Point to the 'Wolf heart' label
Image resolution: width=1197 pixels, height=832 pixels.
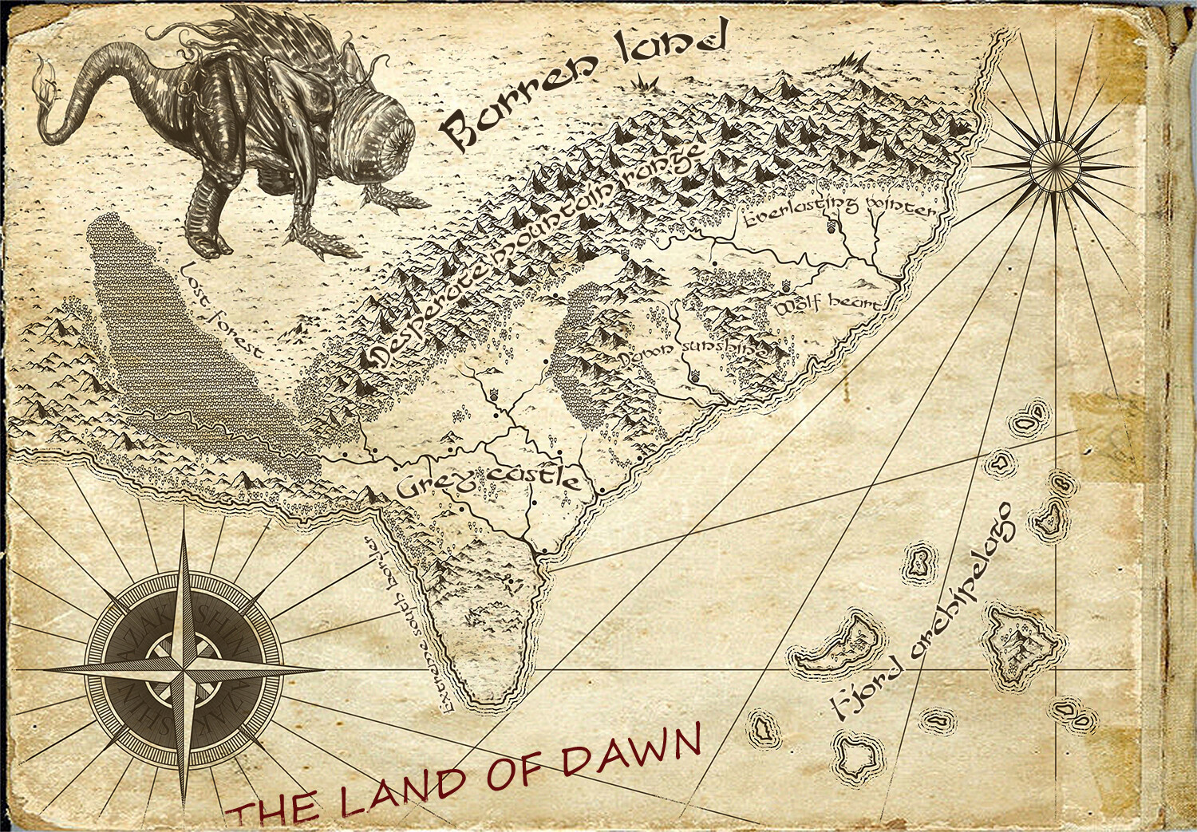(x=830, y=306)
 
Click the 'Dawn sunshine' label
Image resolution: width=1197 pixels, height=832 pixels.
(x=693, y=353)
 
